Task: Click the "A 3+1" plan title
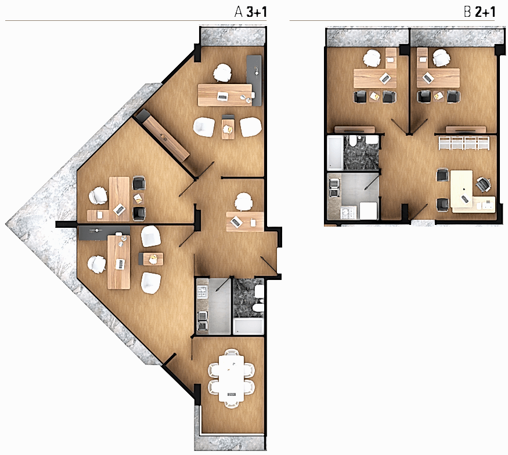coord(250,12)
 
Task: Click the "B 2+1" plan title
coord(480,12)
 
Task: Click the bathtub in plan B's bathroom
coord(335,153)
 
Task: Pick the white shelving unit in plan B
coord(464,143)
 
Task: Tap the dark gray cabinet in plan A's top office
coord(254,80)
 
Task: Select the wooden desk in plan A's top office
coord(225,94)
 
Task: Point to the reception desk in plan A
coord(244,221)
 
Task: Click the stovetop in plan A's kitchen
coord(202,292)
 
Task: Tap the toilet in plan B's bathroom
coord(353,141)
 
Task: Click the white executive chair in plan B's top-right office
coord(441,57)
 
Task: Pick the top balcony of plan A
coord(233,37)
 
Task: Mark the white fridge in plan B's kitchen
coord(368,211)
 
